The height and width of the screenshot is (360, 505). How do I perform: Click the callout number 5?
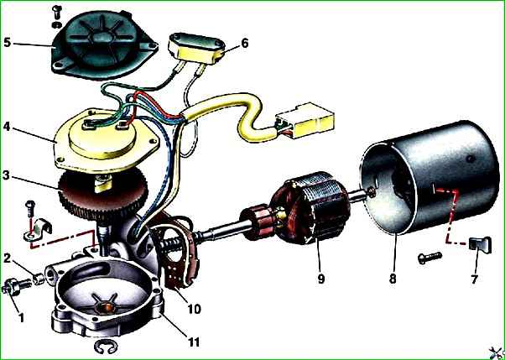pyautogui.click(x=8, y=43)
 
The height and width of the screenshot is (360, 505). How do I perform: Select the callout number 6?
pyautogui.click(x=245, y=43)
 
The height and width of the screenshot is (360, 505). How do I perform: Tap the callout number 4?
pyautogui.click(x=7, y=127)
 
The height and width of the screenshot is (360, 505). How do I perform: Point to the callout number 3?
pyautogui.click(x=7, y=176)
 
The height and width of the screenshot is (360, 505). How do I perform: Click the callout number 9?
pyautogui.click(x=320, y=279)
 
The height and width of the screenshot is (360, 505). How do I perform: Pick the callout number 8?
pyautogui.click(x=393, y=279)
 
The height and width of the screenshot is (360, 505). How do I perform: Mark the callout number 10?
pyautogui.click(x=195, y=309)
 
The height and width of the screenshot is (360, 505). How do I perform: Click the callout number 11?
pyautogui.click(x=194, y=342)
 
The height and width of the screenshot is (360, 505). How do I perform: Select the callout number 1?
pyautogui.click(x=21, y=318)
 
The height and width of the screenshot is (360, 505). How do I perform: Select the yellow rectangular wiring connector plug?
pyautogui.click(x=305, y=121)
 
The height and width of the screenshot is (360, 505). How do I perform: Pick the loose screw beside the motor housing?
pyautogui.click(x=430, y=257)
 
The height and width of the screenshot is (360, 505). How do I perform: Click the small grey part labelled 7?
pyautogui.click(x=480, y=245)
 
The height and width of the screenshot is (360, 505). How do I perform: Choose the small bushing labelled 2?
pyautogui.click(x=39, y=279)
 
